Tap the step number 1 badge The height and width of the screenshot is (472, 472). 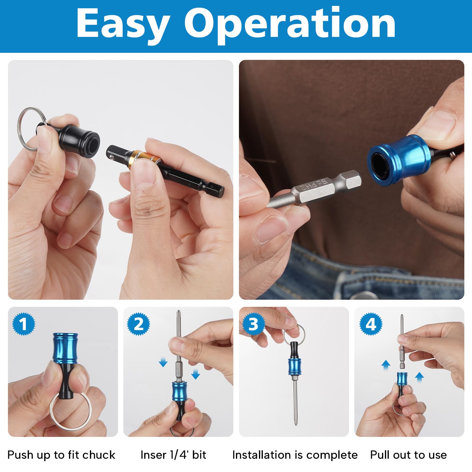[x=24, y=324]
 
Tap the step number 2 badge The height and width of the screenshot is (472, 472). [x=139, y=324]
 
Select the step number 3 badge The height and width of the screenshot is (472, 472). [x=253, y=324]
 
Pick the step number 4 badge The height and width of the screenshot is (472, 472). [x=371, y=324]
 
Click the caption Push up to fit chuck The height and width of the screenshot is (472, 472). [x=61, y=455]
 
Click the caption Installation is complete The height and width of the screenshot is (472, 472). [x=295, y=455]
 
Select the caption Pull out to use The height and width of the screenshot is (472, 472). [x=409, y=455]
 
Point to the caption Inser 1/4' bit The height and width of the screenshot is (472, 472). [x=173, y=455]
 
